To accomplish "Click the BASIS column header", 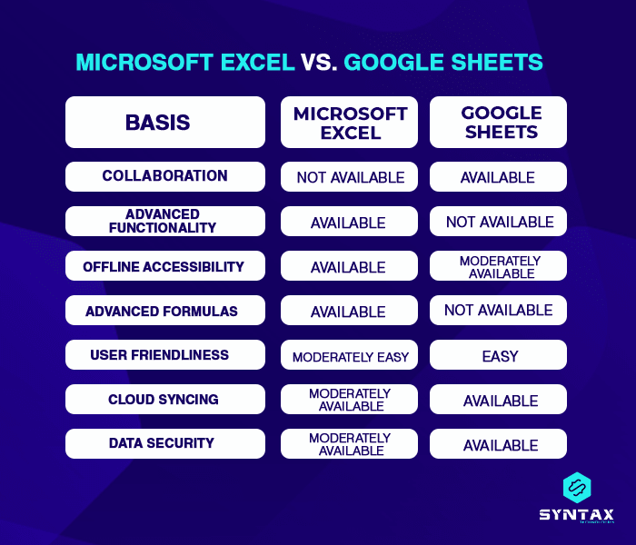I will click(x=165, y=123).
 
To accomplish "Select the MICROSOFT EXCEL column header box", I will click(x=350, y=123).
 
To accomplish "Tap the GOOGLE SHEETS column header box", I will click(x=498, y=123).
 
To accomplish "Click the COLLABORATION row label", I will click(x=165, y=176).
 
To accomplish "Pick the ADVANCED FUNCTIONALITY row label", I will click(x=165, y=221).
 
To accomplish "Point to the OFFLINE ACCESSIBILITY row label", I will click(x=165, y=266).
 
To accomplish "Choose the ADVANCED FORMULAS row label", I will click(x=165, y=311).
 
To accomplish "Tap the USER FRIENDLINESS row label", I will click(x=165, y=355).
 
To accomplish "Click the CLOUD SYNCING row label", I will click(x=165, y=400).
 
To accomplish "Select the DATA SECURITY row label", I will click(x=165, y=443).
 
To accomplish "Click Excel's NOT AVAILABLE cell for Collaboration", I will click(x=350, y=177).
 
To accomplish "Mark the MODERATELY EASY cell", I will click(x=350, y=356).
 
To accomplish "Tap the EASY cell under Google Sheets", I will click(x=498, y=355).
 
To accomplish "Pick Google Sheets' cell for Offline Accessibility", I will click(x=498, y=266).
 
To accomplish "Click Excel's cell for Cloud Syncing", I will click(x=350, y=400).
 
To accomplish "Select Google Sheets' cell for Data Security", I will click(x=498, y=444).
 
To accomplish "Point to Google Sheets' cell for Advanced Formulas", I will click(x=498, y=311).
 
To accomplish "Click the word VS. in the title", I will click(x=320, y=62).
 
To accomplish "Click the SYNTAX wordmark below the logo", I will click(x=576, y=514).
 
